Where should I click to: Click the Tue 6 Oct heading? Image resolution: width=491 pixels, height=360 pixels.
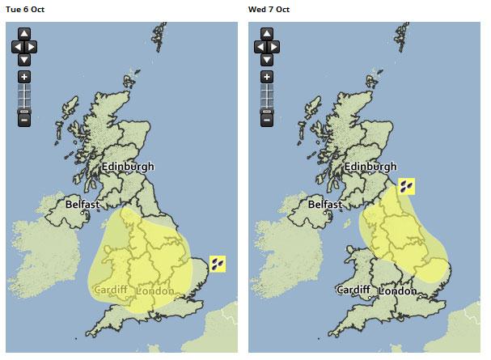[x=26, y=9]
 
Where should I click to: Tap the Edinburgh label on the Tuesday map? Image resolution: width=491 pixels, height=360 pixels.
[x=128, y=167]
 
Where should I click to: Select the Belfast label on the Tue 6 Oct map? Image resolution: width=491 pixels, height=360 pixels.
[x=83, y=205]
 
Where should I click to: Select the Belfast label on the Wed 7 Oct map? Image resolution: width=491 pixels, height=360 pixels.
[x=326, y=205]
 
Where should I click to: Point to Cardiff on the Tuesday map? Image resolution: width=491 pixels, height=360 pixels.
[x=112, y=290]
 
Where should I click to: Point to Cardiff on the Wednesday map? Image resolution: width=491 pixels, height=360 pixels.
[x=354, y=290]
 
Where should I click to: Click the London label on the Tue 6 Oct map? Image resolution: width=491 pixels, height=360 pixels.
[x=156, y=290]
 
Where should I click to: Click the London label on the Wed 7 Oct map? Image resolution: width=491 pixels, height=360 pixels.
[x=398, y=290]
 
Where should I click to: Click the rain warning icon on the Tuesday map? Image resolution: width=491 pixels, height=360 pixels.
[x=218, y=263]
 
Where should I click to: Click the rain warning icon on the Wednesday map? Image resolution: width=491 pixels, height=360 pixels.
[x=407, y=187]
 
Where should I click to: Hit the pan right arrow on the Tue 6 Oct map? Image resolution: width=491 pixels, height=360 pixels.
[x=33, y=47]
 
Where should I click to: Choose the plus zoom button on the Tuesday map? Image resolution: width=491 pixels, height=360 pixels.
[x=24, y=77]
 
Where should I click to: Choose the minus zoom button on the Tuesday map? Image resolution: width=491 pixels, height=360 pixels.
[x=24, y=120]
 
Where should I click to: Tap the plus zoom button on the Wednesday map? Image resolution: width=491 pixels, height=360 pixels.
[x=265, y=77]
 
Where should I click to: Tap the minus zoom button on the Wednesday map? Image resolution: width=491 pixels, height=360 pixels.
[x=265, y=120]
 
